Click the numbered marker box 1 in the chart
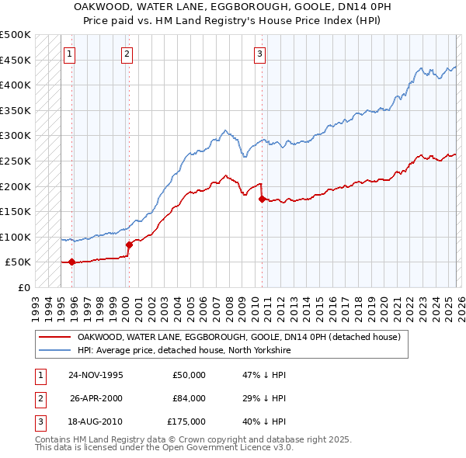[x=70, y=54]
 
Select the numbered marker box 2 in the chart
[x=127, y=54]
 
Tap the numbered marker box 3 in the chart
[x=259, y=54]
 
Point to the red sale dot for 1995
[x=71, y=262]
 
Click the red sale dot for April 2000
[x=129, y=245]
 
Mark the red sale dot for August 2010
[x=262, y=199]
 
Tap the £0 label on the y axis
[x=23, y=287]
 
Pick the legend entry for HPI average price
[x=183, y=351]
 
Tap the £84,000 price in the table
[x=189, y=398]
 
